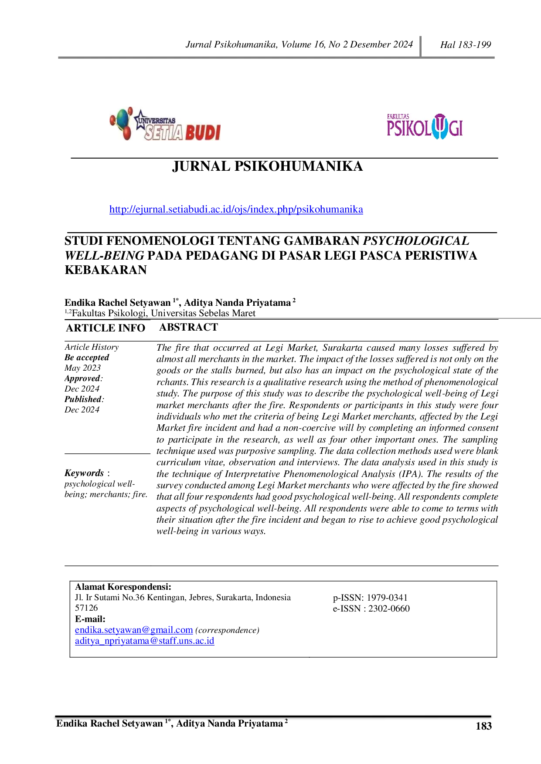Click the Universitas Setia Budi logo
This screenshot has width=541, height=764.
point(165,124)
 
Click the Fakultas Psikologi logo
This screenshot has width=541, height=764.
point(425,126)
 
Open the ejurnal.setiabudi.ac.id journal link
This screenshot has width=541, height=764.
point(236,210)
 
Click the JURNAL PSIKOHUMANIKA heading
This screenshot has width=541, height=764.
point(267,166)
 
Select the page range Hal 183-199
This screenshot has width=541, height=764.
point(466,44)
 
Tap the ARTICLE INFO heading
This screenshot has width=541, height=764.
point(105,328)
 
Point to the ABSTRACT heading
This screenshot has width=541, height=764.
point(188,327)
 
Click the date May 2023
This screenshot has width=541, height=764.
point(82,368)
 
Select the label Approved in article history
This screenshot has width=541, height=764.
point(83,379)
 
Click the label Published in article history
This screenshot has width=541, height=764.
point(83,399)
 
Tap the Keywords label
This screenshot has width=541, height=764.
point(84,473)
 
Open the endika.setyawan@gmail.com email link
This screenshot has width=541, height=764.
point(134,630)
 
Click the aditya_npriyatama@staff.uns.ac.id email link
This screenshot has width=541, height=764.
point(145,641)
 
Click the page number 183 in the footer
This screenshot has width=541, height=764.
point(483,726)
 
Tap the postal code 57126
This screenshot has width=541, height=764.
point(86,608)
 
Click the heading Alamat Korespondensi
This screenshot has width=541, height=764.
point(123,587)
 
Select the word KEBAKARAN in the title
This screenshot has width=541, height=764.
point(105,270)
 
